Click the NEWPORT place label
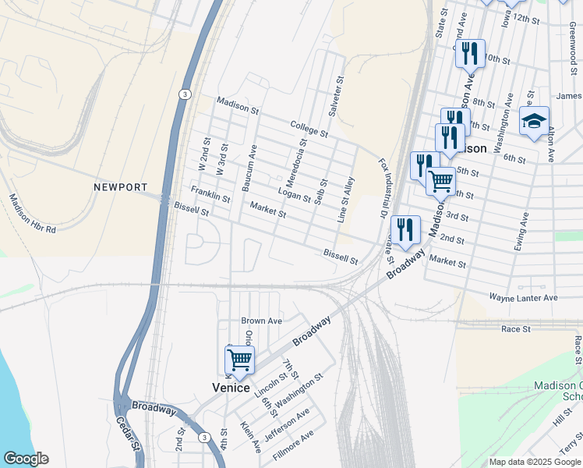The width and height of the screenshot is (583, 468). [x=120, y=187]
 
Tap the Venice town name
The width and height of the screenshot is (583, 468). [x=231, y=388]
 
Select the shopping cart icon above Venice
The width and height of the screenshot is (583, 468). [x=239, y=361]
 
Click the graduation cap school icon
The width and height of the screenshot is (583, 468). [x=534, y=122]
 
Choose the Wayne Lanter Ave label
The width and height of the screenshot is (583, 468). [x=523, y=297]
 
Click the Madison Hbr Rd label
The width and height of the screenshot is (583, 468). [x=32, y=214]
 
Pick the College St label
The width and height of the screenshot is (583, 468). [x=309, y=128]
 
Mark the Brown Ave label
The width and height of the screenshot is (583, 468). [x=261, y=321]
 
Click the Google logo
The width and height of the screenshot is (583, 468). [x=26, y=459]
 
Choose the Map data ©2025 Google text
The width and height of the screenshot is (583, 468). [x=535, y=462]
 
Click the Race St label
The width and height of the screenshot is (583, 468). [x=515, y=329]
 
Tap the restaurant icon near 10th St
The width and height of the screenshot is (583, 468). [x=469, y=54]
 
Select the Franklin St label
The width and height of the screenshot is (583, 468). [x=210, y=194]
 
